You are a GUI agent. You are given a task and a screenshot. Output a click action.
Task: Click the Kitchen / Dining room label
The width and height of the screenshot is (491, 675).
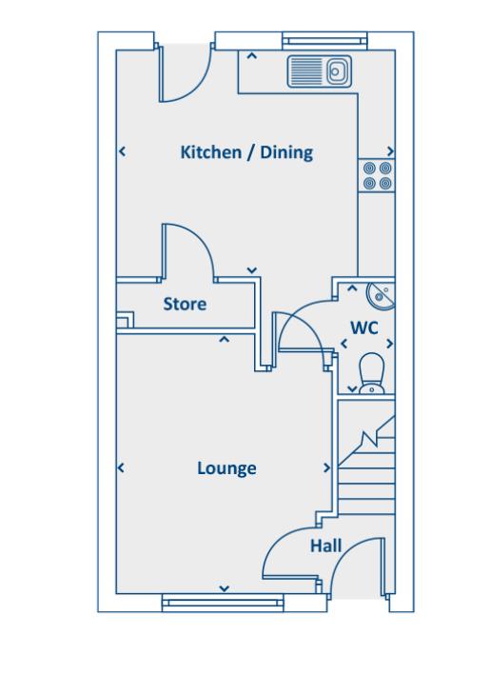pos(246,152)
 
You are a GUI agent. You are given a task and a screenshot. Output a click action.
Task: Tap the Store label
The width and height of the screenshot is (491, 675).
pos(185,305)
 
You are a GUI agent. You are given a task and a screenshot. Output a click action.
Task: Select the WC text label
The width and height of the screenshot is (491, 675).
pos(364,328)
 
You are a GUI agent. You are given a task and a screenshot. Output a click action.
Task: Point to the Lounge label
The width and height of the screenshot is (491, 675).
pos(226,468)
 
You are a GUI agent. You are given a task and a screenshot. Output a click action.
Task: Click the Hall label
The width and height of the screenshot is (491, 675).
pos(325,546)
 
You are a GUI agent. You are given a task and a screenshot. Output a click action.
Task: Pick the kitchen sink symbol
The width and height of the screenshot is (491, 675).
pos(319,70)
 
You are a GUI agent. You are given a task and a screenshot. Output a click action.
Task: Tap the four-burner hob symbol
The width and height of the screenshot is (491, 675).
pos(375,175)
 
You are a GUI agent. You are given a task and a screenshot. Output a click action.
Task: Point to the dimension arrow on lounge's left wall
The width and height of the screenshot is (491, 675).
pos(122,468)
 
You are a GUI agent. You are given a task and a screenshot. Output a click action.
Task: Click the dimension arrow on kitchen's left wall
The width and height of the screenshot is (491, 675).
pos(122,151)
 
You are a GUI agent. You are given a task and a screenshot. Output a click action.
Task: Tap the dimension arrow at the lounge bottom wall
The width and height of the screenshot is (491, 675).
pos(224,589)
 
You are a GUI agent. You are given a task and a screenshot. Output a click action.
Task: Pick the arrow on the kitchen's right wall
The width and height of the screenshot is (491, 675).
pos(390,151)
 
